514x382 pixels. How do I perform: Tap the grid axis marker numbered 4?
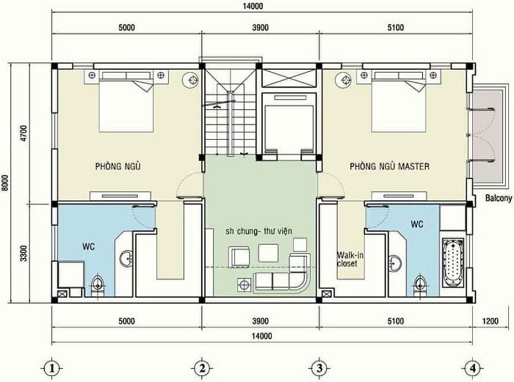point(473,369)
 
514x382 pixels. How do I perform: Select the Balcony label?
point(499,198)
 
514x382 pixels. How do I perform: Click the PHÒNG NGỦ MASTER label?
point(390,166)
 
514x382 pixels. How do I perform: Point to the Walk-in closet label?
point(350,259)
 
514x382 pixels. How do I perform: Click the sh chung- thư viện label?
point(259,231)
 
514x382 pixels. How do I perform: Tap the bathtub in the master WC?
point(453,263)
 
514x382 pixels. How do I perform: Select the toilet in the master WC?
point(419,285)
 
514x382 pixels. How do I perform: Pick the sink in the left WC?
point(126,258)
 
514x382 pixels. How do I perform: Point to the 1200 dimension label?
point(490,321)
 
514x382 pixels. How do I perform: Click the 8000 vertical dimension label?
point(6,183)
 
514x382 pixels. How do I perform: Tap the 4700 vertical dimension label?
point(24,133)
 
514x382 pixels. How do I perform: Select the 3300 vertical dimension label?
point(24,253)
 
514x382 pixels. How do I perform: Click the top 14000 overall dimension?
point(253,6)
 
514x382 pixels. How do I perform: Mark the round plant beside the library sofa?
point(244,284)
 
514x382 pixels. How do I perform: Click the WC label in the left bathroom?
point(89,246)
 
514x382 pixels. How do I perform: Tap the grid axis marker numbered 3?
point(319,369)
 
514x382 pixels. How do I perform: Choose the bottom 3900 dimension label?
point(261,321)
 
